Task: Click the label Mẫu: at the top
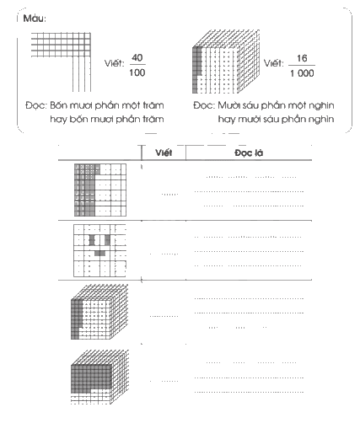coord(35,19)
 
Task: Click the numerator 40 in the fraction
coord(137,57)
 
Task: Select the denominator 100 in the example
coord(137,72)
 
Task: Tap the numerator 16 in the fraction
coord(302,58)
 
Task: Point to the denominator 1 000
coord(302,73)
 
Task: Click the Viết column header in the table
coord(164,153)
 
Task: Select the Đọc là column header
coord(249,153)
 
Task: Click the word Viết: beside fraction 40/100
coord(114,63)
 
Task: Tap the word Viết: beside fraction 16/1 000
coord(274,63)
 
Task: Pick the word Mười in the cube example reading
coord(228,105)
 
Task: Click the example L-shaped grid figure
coord(61,62)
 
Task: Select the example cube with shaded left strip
coord(226,62)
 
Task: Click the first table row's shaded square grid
coord(100,190)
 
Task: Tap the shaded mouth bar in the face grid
coord(99,254)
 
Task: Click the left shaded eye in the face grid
coord(92,240)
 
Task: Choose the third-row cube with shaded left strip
coord(99,312)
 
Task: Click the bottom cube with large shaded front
coord(99,377)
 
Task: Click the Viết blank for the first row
coord(169,194)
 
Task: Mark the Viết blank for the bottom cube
coord(169,381)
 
